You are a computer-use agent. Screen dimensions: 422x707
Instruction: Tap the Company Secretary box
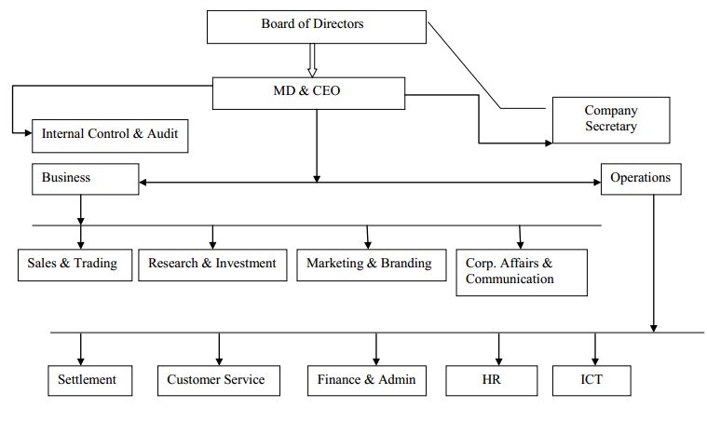coord(610,119)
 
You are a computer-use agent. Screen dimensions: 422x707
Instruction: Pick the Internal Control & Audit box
coord(110,135)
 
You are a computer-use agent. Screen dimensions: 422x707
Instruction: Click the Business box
coord(86,178)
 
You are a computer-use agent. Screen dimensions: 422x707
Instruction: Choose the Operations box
coord(640,178)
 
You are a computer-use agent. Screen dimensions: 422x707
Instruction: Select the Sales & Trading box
coord(75,265)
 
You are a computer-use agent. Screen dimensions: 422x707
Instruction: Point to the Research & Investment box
coord(212,265)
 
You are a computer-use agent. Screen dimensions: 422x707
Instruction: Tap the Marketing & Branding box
coord(369,265)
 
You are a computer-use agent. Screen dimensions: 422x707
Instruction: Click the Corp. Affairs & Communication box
coord(521,272)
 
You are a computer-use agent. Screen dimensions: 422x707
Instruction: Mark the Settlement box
coord(88,380)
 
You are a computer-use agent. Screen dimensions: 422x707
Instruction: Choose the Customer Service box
coord(217,380)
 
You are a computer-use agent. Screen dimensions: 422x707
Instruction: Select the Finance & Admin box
coord(367,380)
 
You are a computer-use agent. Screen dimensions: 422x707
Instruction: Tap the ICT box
coord(591,380)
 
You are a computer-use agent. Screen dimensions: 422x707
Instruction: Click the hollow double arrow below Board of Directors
coord(313,61)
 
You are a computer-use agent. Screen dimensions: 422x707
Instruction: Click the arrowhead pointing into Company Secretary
coord(547,143)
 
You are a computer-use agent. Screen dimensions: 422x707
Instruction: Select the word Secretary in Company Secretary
coord(610,127)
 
